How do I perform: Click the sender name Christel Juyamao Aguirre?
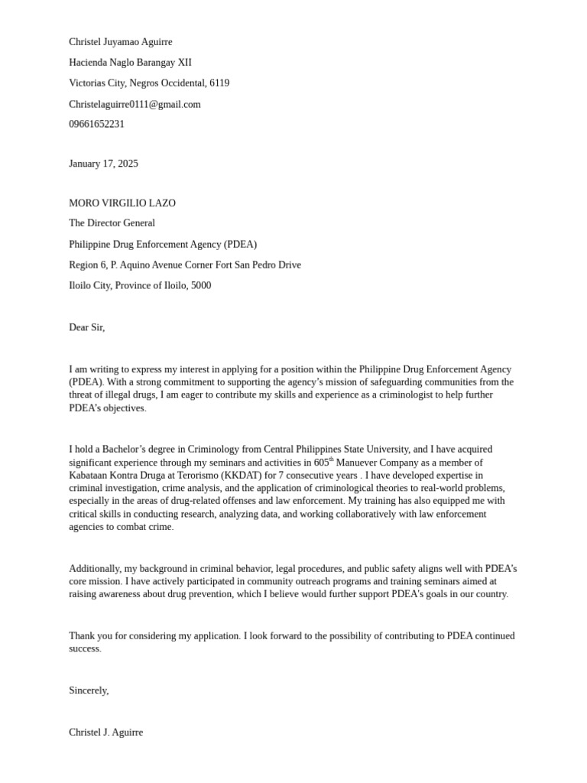click(121, 42)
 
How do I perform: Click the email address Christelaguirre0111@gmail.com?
click(135, 104)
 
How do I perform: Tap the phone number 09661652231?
click(96, 124)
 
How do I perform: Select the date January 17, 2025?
click(103, 164)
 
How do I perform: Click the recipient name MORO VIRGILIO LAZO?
click(122, 203)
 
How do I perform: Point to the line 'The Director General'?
click(112, 223)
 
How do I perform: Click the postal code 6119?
click(219, 83)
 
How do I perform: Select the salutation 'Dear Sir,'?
click(86, 327)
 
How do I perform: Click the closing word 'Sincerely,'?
click(89, 690)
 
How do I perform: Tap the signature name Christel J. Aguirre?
click(105, 733)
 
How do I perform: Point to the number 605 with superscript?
click(323, 462)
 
